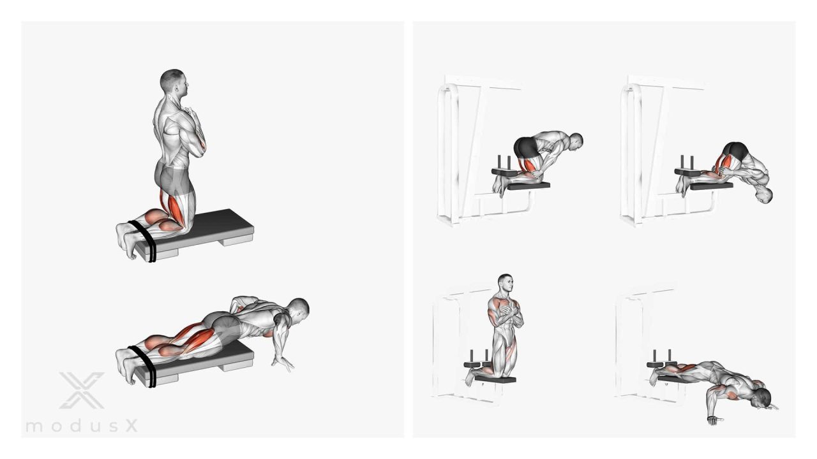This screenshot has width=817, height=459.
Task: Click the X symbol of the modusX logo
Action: [82, 390]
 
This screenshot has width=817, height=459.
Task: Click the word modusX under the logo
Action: [82, 425]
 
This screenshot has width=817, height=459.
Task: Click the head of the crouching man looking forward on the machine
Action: [576, 142]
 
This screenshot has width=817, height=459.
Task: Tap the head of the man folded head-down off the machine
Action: [763, 195]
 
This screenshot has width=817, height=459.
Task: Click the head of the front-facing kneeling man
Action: [505, 284]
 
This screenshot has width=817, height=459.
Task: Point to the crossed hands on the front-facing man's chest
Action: [507, 312]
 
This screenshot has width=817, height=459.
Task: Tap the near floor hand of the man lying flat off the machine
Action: [714, 420]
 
